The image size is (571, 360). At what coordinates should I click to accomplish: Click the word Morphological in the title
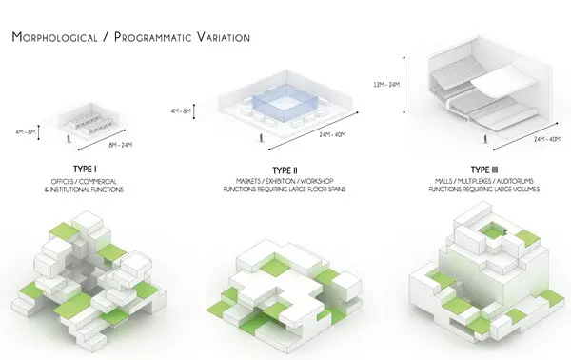55,37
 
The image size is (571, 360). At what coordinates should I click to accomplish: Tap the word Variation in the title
224,37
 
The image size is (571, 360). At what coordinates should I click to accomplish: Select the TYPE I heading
85,170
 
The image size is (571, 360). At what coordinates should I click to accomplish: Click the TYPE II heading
285,170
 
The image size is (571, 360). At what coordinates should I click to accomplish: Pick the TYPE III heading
484,170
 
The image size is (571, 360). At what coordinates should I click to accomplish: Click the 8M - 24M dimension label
121,145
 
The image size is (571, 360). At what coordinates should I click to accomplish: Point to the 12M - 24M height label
386,85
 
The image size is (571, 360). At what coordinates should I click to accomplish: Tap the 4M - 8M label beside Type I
26,131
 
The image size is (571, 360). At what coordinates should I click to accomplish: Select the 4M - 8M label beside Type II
181,110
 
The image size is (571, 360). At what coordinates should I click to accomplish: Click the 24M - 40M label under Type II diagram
332,135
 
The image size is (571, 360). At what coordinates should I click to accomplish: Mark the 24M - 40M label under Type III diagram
547,139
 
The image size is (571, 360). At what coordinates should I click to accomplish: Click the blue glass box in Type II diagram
285,103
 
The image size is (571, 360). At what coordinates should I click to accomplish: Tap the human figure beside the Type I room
69,138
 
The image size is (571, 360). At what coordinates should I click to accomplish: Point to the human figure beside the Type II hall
261,138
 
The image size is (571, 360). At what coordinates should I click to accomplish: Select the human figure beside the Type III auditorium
485,139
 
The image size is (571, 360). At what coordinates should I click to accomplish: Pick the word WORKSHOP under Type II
317,181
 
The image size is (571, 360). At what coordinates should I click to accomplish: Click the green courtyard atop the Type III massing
491,231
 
